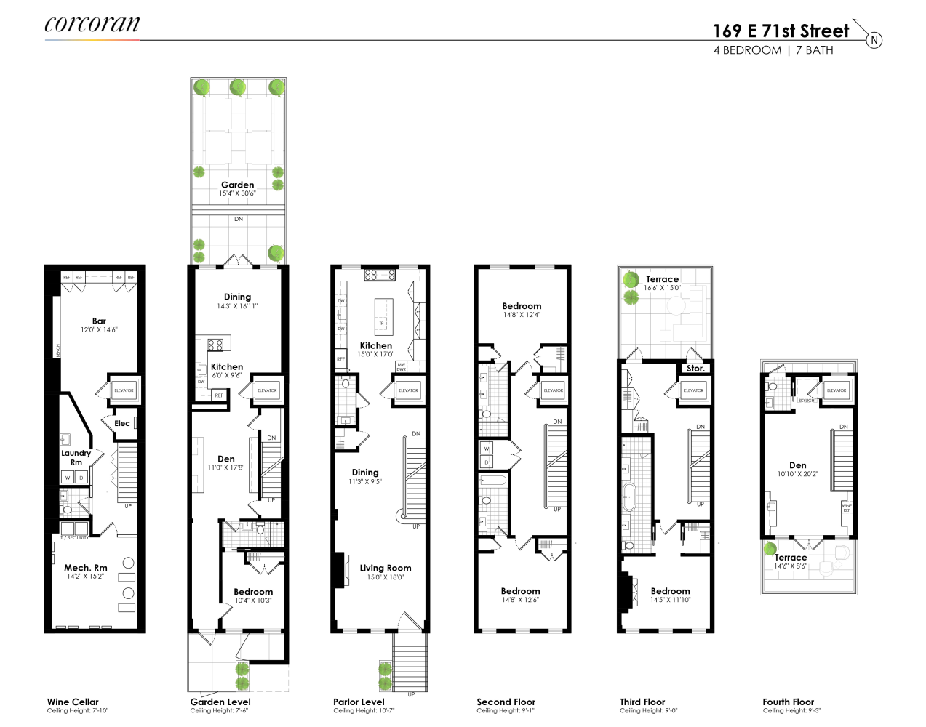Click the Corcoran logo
92,25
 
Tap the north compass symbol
874,40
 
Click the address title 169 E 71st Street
781,31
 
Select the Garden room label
238,185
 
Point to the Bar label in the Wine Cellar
99,321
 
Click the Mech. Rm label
85,568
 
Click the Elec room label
121,423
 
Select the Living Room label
386,568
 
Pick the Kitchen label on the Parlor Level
376,345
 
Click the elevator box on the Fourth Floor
837,390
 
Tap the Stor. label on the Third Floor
695,369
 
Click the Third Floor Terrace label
662,279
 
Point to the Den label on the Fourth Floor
798,465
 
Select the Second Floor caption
506,702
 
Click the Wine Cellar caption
73,702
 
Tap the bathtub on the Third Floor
629,496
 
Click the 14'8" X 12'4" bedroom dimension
522,316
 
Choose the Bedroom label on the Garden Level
253,592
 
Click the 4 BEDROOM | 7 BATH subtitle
773,50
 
